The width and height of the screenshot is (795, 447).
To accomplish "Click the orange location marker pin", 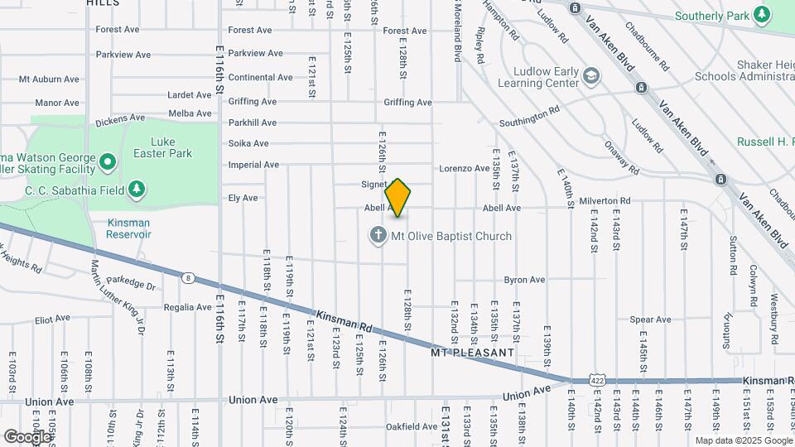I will pyautogui.click(x=398, y=198).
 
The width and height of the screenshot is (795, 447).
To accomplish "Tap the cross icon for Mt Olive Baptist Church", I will pyautogui.click(x=378, y=236).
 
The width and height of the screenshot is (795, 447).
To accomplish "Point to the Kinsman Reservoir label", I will pyautogui.click(x=128, y=228).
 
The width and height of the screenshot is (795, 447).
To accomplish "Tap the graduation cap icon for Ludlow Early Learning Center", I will pyautogui.click(x=590, y=77).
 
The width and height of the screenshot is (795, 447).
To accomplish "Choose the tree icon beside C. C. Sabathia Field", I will pyautogui.click(x=137, y=190).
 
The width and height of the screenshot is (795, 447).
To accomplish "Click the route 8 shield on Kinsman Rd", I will pyautogui.click(x=190, y=278).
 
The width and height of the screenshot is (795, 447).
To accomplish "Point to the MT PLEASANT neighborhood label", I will pyautogui.click(x=473, y=353).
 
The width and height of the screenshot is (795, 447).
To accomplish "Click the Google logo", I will pyautogui.click(x=26, y=436).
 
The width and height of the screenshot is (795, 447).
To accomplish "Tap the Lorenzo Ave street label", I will pyautogui.click(x=464, y=168).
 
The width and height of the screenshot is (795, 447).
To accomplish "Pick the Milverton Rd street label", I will pyautogui.click(x=605, y=201).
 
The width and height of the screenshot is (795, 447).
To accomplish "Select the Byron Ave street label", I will pyautogui.click(x=524, y=280).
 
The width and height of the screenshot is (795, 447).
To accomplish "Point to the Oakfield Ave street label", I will pyautogui.click(x=412, y=427).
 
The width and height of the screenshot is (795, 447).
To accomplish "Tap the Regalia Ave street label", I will pyautogui.click(x=187, y=307).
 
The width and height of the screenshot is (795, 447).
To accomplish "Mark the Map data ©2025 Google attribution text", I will pyautogui.click(x=742, y=440).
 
